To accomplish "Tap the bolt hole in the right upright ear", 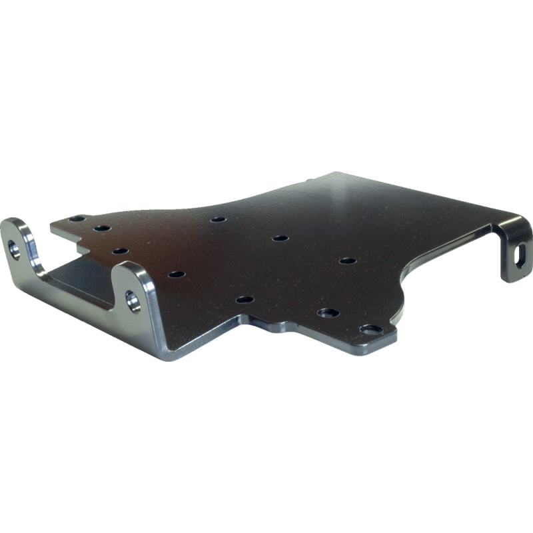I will point(134,300).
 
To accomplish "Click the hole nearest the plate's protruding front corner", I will point(370,329).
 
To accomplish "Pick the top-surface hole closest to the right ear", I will point(176,274).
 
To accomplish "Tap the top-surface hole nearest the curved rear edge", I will point(217,219).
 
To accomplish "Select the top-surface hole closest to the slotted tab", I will point(346,260).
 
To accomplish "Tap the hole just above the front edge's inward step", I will point(245,299).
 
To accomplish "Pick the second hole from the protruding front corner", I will point(328,312).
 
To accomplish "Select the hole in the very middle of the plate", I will point(280,238).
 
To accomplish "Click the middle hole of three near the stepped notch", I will point(101,229).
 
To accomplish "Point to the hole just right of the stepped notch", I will point(120,251).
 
